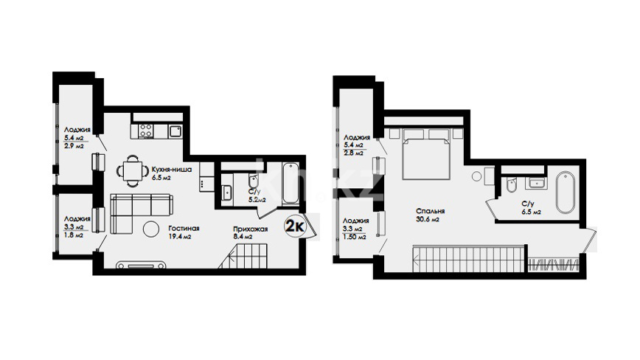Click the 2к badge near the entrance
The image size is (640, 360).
(295, 226)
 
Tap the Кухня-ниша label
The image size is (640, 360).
(171, 170)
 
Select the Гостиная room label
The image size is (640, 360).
(184, 229)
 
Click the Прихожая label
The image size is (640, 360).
(250, 229)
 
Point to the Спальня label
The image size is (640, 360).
(430, 212)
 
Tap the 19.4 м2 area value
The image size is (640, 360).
(180, 237)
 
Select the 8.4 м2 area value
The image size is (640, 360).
(243, 237)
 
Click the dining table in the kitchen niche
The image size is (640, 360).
(133, 170)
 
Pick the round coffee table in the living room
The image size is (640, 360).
(151, 229)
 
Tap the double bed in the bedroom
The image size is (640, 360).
(426, 154)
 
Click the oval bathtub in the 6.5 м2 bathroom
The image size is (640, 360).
(566, 192)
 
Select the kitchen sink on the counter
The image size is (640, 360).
(176, 131)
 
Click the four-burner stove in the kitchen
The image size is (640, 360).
(146, 131)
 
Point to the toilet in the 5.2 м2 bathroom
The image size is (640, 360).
(254, 181)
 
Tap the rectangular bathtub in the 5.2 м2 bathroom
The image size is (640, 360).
(291, 183)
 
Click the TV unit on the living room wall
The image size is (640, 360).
(141, 266)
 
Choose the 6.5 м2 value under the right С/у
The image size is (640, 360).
(532, 212)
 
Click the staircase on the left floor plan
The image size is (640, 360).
(243, 256)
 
